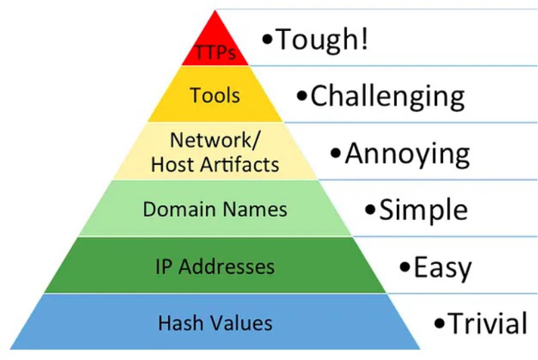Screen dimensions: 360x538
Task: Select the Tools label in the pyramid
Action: [215, 95]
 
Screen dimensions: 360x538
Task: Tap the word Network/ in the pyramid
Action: [215, 141]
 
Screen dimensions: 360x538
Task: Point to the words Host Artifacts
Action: [215, 164]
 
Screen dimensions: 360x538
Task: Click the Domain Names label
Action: [215, 209]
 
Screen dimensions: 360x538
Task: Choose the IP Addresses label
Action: [215, 266]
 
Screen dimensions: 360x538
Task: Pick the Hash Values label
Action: [215, 323]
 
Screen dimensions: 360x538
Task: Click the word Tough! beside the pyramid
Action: [322, 40]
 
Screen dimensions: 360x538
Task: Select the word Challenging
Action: [387, 97]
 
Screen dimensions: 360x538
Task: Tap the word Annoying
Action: [408, 154]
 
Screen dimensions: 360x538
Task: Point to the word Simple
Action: [424, 211]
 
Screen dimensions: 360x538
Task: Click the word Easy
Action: [443, 268]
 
